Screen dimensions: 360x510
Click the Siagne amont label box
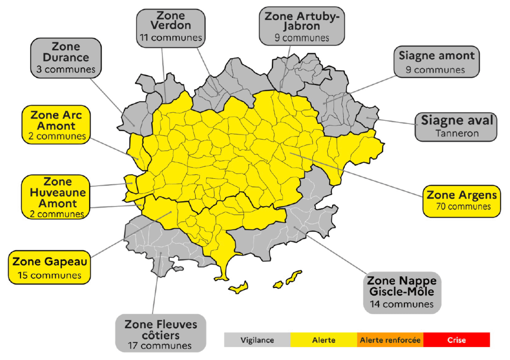[436, 62]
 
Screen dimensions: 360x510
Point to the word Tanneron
[457, 133]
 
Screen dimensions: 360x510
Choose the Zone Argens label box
[461, 200]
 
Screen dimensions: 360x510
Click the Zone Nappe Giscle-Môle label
[401, 292]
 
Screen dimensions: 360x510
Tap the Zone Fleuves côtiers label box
[160, 333]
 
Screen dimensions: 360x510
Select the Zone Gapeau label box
[50, 267]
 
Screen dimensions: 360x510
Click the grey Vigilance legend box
[257, 340]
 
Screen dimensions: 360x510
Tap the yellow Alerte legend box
[323, 340]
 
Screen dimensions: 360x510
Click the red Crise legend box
[456, 340]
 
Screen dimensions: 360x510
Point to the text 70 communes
[461, 206]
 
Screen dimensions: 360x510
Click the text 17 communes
[160, 345]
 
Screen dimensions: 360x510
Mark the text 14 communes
[401, 304]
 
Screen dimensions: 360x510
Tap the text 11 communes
[170, 37]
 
